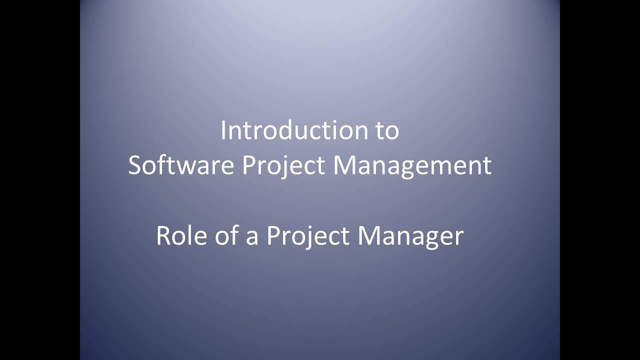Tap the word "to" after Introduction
[x=386, y=130]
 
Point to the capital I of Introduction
[x=223, y=130]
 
